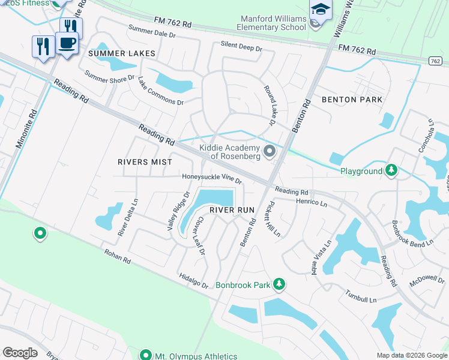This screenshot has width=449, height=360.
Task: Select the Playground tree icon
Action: click(391, 171)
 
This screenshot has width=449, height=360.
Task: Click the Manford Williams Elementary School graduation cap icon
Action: click(320, 11)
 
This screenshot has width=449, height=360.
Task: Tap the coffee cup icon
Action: click(67, 44)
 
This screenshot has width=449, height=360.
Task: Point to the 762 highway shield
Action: click(436, 61)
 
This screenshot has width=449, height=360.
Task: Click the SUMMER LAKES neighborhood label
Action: click(122, 53)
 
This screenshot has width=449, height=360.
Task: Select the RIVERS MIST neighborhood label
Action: click(145, 162)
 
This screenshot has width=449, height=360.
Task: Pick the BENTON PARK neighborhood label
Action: click(352, 100)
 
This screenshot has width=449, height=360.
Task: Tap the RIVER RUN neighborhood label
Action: click(232, 209)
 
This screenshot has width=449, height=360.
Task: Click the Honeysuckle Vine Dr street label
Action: click(212, 178)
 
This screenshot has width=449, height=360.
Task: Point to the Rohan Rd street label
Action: click(117, 258)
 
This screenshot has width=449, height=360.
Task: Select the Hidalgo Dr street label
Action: click(193, 280)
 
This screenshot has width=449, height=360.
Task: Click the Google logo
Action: click(20, 353)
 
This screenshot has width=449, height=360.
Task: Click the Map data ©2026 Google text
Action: click(411, 355)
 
